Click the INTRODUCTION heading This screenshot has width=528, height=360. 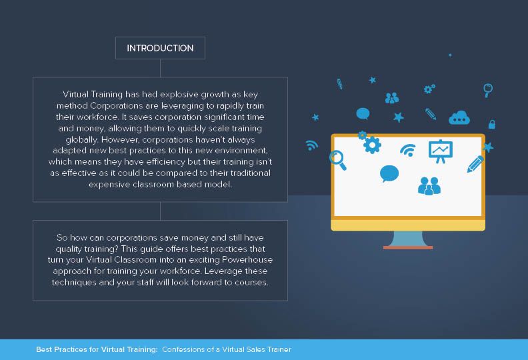click(x=160, y=48)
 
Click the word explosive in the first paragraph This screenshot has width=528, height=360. click(x=179, y=95)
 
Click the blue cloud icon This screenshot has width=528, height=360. click(x=459, y=118)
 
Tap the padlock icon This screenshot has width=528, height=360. click(x=492, y=124)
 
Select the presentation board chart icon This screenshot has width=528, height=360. click(x=441, y=151)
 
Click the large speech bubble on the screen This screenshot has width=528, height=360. click(x=389, y=173)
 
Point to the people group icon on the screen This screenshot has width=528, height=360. click(x=429, y=186)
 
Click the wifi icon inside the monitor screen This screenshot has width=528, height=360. click(x=408, y=150)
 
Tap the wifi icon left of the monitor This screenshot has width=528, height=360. click(x=311, y=145)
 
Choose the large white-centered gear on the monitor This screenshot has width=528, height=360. click(x=372, y=145)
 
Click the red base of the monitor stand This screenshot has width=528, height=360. click(x=408, y=247)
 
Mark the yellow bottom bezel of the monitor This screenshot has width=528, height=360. click(x=408, y=225)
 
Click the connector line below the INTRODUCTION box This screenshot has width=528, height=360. click(x=160, y=68)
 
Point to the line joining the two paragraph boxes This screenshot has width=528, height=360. click(x=160, y=211)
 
